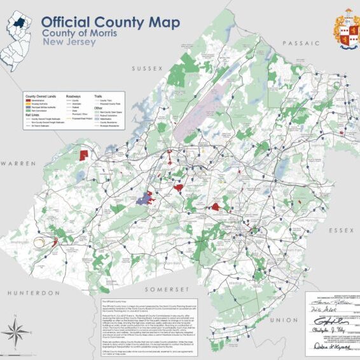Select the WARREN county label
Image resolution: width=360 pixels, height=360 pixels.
pyautogui.click(x=17, y=163)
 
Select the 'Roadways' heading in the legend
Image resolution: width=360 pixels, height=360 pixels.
pyautogui.click(x=74, y=95)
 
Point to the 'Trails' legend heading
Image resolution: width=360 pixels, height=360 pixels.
pyautogui.click(x=99, y=95)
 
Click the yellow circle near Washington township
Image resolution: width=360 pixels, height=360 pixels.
pyautogui.click(x=41, y=242)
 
